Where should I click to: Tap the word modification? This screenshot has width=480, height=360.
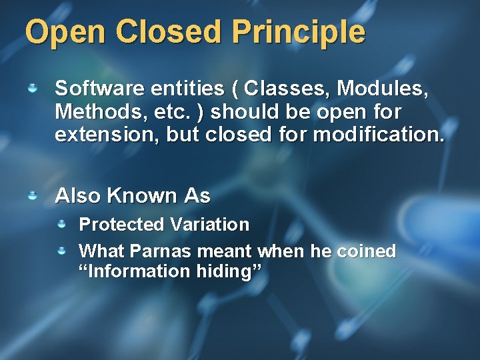coord(377,135)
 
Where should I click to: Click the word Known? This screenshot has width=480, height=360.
coord(142,196)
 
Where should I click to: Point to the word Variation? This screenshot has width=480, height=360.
coord(209,225)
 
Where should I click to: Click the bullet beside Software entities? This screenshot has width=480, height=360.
coord(33,87)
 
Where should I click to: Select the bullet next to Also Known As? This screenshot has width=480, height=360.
coord(33,195)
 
